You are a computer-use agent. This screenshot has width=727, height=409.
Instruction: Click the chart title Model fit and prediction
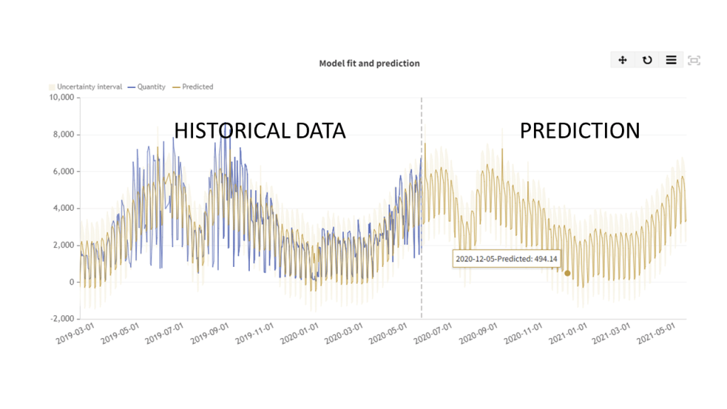pyautogui.click(x=369, y=63)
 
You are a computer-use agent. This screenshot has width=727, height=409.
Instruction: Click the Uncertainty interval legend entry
pyautogui.click(x=85, y=87)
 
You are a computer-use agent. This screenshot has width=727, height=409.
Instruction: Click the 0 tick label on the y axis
pyautogui.click(x=71, y=282)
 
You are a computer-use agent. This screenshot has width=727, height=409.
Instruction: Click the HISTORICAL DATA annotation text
pyautogui.click(x=260, y=131)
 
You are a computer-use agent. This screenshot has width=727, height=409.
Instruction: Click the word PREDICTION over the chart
pyautogui.click(x=580, y=131)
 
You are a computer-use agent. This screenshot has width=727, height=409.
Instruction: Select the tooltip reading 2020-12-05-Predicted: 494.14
pyautogui.click(x=506, y=258)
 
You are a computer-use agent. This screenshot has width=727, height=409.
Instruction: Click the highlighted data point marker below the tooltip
pyautogui.click(x=567, y=273)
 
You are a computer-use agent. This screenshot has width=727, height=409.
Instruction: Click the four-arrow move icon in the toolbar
pyautogui.click(x=623, y=60)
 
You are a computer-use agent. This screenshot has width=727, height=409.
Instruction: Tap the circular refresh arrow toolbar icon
pyautogui.click(x=647, y=60)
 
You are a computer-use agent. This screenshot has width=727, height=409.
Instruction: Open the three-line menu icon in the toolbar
pyautogui.click(x=671, y=60)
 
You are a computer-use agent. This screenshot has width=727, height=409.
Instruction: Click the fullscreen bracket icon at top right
pyautogui.click(x=694, y=60)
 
